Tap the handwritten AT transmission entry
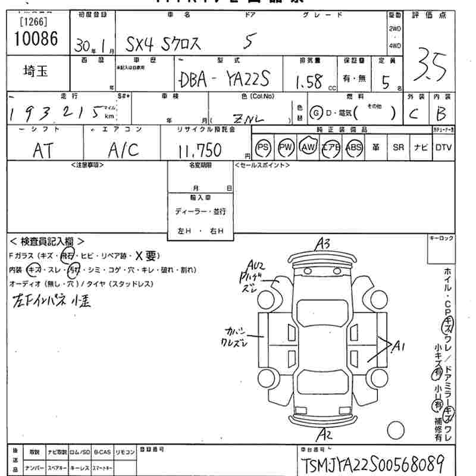pyautogui.click(x=43, y=150)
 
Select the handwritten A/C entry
pyautogui.click(x=123, y=150)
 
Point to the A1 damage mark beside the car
pyautogui.click(x=397, y=345)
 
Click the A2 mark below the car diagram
pyautogui.click(x=325, y=433)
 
